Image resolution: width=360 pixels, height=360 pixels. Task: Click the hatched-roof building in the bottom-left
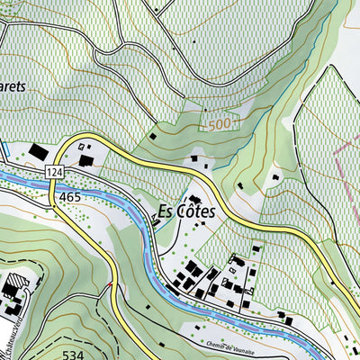coord(12,291)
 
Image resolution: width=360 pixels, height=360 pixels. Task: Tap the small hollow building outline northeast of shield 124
coord(85,145)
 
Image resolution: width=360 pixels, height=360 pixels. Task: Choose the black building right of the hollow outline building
coord(88,160)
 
